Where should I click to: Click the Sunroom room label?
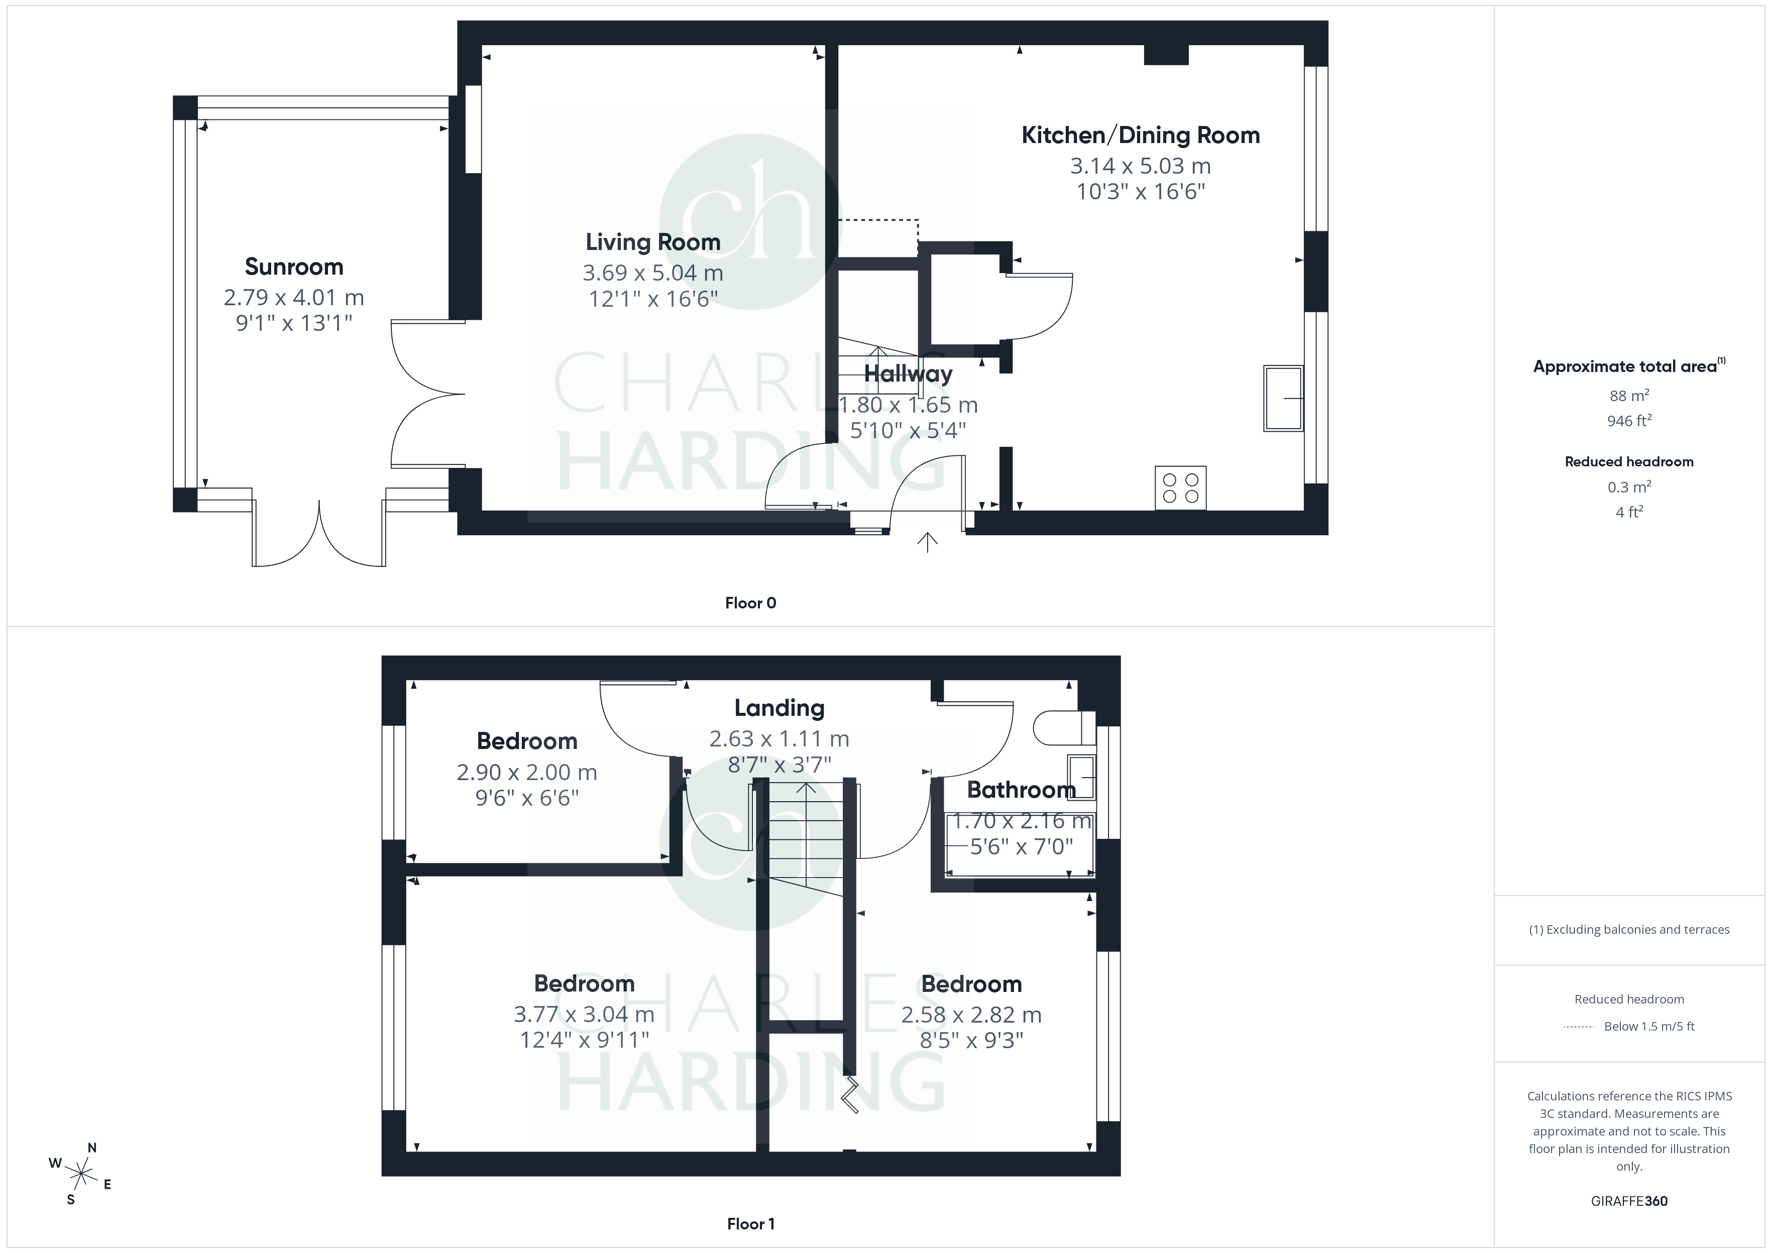294,267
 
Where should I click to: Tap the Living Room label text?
653,242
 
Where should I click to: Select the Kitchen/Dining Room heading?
1141,136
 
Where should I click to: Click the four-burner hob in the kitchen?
1180,487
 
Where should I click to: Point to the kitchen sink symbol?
1283,398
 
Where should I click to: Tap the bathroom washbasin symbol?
1081,777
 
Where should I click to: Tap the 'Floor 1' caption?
750,1224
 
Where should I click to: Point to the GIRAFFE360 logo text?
1629,1201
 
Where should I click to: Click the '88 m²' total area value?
1629,396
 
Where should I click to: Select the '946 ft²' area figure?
1629,421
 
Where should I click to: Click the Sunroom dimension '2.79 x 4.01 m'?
294,298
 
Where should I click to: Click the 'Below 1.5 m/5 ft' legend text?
1649,1026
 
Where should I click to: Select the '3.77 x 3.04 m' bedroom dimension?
584,1015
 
